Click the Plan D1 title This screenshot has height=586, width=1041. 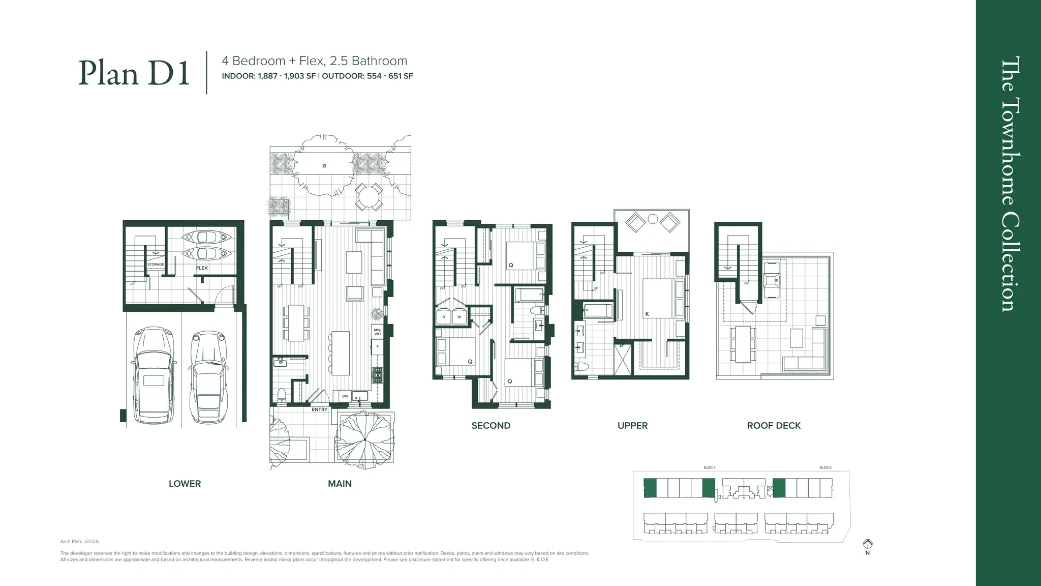pos(134,73)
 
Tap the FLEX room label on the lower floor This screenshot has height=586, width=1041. pos(202,268)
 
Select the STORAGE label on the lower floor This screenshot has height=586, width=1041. pos(156,265)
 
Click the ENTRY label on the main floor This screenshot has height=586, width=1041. pos(319,409)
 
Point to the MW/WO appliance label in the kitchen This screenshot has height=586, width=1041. pos(377,332)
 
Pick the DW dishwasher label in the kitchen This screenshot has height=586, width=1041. pos(345,396)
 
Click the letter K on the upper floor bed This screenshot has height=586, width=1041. pos(647,314)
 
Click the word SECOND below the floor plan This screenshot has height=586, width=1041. pos(491,426)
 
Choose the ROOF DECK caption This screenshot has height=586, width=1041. pos(774,426)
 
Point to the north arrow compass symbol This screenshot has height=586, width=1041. pos(868,544)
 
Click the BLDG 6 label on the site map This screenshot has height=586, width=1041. pos(825,467)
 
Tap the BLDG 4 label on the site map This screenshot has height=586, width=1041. pos(709,467)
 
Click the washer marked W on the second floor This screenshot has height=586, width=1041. pos(459,317)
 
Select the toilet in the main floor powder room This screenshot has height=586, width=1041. pos(281,396)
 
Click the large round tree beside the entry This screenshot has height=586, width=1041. pos(364,438)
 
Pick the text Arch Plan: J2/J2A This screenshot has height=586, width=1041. pos(79,542)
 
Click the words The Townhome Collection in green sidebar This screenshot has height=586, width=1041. pos(1009,183)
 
